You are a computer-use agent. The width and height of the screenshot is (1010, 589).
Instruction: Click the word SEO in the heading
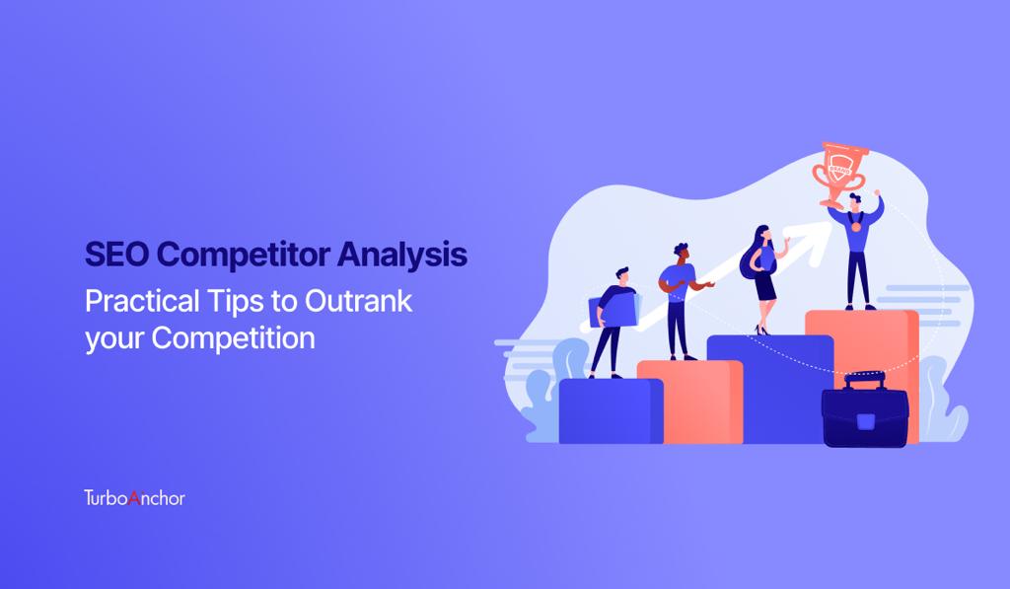click(x=116, y=254)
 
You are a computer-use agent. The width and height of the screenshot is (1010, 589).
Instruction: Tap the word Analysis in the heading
click(x=402, y=256)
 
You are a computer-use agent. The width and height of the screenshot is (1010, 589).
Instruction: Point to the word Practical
click(x=142, y=301)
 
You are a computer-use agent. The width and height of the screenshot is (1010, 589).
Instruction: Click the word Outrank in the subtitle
click(x=358, y=301)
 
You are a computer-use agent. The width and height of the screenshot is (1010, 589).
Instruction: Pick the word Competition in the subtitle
click(x=233, y=338)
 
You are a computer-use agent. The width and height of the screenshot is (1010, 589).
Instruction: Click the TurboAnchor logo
click(x=134, y=497)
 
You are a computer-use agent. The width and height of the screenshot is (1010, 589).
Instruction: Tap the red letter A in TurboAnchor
click(x=134, y=497)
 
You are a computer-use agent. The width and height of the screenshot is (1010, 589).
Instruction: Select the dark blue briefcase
click(x=864, y=410)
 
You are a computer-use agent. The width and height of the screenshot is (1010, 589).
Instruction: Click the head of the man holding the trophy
click(x=855, y=201)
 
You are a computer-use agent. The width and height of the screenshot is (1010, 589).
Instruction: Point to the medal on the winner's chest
click(x=855, y=226)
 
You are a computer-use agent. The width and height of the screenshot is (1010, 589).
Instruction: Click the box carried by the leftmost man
click(x=613, y=311)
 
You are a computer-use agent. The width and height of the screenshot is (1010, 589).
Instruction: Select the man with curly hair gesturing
click(x=683, y=301)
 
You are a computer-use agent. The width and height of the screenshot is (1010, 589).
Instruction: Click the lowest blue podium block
click(x=611, y=411)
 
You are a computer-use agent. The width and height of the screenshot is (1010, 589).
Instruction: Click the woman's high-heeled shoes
click(x=762, y=331)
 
